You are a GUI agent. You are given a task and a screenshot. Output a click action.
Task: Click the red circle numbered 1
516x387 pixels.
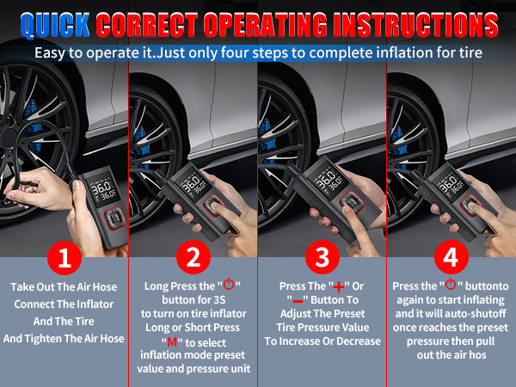64,258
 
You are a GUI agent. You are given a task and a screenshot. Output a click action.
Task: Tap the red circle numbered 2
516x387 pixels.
193,257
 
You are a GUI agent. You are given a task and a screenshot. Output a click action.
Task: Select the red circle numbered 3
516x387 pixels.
322,257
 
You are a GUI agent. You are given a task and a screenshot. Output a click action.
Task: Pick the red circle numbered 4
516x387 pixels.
451,257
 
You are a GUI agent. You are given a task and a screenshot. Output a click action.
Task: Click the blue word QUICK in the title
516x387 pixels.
55,25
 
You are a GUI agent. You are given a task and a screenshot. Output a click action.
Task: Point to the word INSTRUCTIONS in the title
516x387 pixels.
415,25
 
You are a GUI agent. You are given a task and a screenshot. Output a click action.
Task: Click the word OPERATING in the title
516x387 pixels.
266,25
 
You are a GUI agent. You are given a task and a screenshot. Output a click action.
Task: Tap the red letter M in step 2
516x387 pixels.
173,342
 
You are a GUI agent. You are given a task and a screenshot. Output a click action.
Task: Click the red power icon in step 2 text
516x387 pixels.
229,284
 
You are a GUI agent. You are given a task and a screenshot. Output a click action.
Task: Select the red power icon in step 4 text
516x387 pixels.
451,284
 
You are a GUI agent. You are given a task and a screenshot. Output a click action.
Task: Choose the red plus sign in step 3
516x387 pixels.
339,287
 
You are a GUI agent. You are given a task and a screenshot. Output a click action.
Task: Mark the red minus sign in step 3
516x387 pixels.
298,301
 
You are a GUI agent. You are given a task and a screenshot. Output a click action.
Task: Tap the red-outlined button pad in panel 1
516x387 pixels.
114,218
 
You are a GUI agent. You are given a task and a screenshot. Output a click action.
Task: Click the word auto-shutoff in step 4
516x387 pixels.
473,314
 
